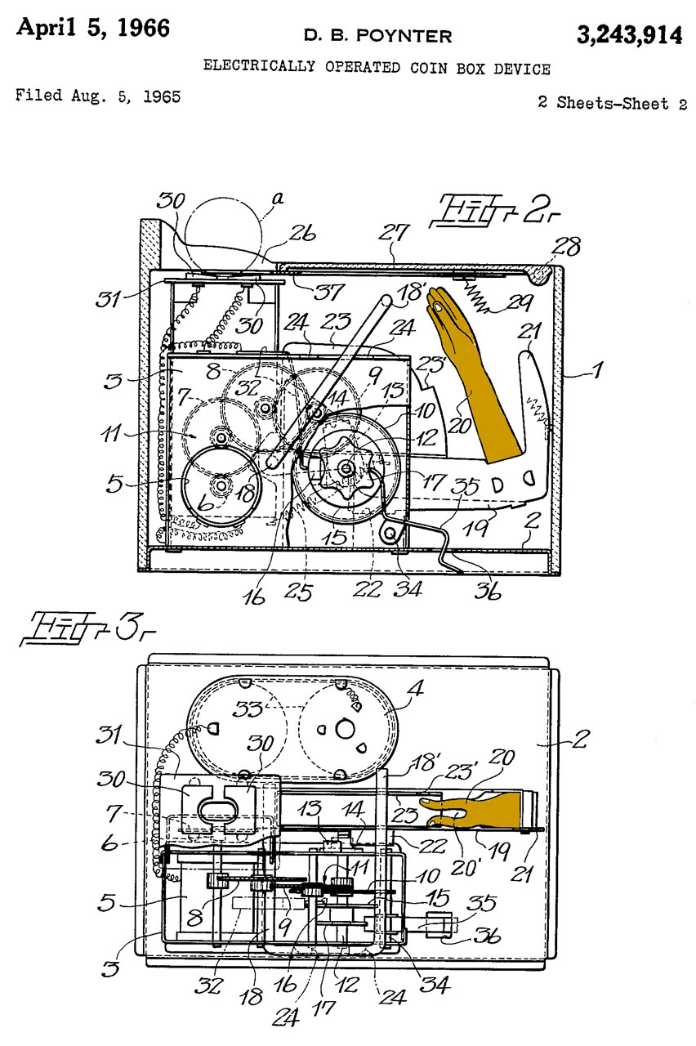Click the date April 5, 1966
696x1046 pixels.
coord(93,28)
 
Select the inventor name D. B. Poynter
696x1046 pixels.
coord(377,35)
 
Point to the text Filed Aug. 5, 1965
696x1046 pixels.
coord(98,96)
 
